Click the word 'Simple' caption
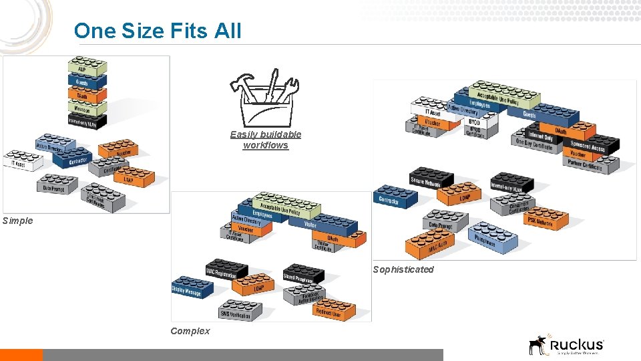coord(17,221)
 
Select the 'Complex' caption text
coord(190,331)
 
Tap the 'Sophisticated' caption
coord(403,269)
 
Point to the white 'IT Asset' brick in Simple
coord(22,161)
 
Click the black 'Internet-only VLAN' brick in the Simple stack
coord(87,120)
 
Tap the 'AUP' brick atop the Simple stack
coord(87,68)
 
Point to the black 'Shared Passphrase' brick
coord(302,273)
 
